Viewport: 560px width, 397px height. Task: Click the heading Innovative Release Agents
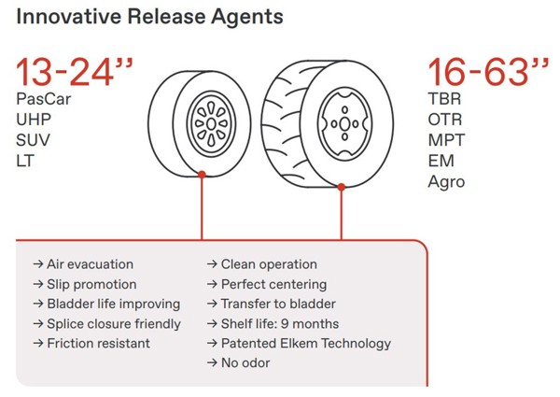149,17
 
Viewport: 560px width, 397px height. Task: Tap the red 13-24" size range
75,72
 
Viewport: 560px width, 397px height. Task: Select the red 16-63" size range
488,72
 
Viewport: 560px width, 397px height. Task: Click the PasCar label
43,99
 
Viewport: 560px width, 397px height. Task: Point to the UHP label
34,120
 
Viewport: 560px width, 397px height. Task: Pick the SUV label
33,140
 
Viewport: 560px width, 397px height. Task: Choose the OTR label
445,120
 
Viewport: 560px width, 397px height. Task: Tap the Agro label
446,182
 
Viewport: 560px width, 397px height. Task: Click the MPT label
446,140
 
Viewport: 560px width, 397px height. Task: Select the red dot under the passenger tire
202,175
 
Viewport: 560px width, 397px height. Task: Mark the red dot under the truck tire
342,187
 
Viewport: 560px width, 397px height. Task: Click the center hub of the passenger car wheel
211,124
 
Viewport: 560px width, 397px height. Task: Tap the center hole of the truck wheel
344,124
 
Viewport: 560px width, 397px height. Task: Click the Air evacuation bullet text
90,264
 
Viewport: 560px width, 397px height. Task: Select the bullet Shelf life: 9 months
280,324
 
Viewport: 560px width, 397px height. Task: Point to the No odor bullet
245,363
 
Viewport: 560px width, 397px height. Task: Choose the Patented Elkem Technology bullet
306,344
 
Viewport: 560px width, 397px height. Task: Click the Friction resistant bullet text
99,344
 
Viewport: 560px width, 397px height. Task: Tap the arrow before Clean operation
212,264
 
